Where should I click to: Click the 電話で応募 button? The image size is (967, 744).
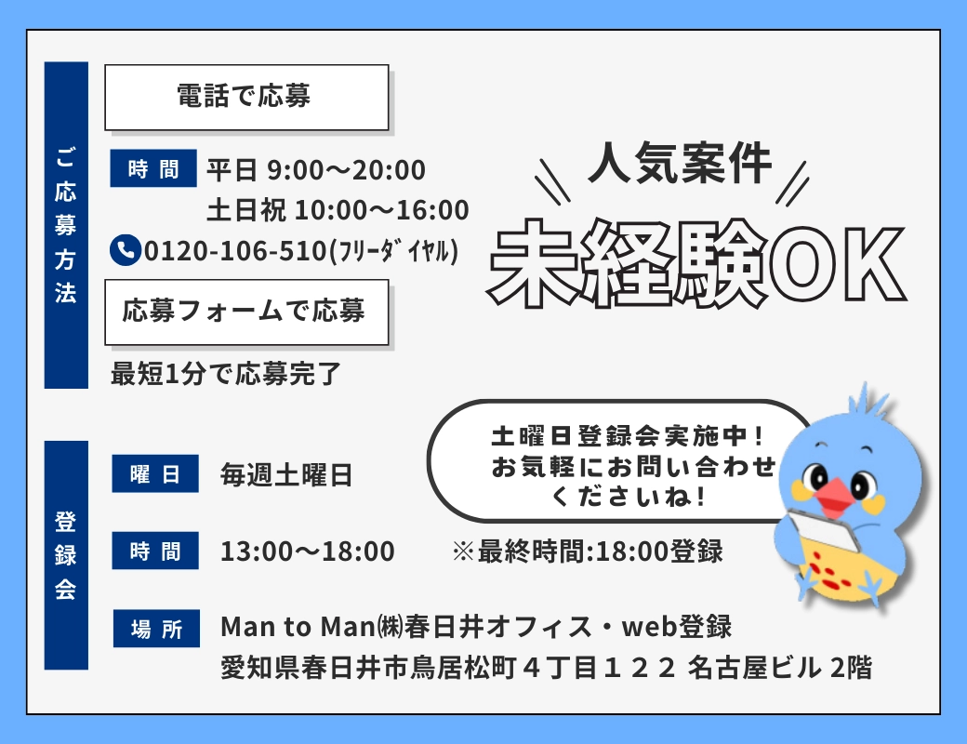point(246,98)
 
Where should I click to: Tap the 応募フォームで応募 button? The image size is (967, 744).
point(246,312)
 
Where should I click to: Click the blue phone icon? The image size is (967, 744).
point(126,250)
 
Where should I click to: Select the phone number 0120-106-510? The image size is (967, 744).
point(235,251)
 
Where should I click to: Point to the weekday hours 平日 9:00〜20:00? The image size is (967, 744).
point(316,170)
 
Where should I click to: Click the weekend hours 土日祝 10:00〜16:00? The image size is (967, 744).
point(338,210)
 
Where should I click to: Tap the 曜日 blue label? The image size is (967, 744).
point(155,473)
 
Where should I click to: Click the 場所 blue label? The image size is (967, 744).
point(156,629)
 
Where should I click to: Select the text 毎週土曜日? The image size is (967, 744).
point(286,475)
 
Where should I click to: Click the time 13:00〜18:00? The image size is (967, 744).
point(308,551)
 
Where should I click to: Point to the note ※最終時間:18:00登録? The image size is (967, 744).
point(587,551)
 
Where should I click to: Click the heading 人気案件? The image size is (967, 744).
point(681,164)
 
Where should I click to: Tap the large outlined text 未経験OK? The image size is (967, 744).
point(696,263)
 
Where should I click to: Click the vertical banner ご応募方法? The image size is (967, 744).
point(66,225)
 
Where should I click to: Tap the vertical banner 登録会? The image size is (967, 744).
point(66,555)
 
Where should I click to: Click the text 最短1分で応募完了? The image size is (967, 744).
point(226,374)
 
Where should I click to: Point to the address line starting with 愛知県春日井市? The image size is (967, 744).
point(546,668)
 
